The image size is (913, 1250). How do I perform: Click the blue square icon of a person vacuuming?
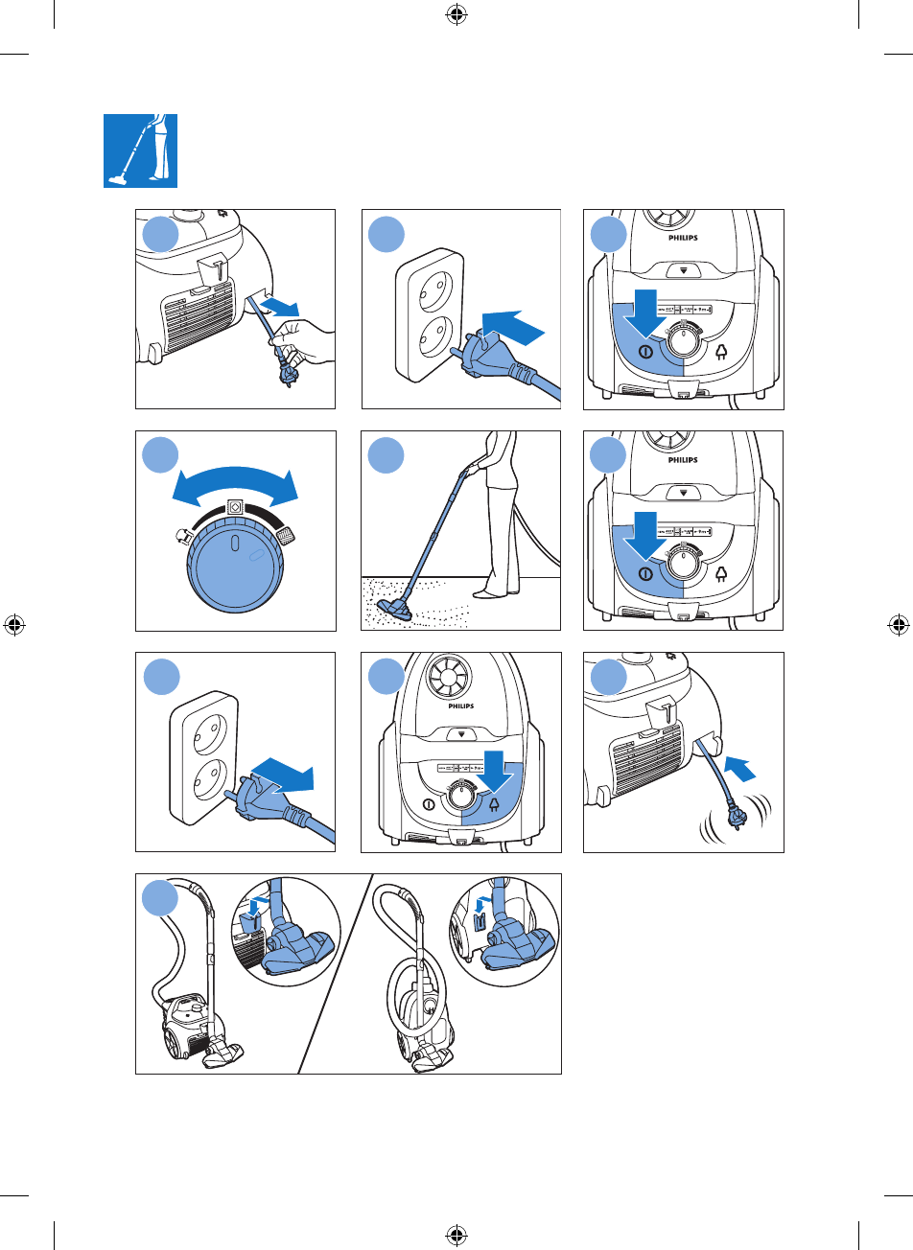coord(141,150)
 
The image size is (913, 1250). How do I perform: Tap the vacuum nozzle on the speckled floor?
coord(400,608)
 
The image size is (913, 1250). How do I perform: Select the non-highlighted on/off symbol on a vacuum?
coord(428,804)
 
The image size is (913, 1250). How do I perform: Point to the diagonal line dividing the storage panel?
coord(335,973)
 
